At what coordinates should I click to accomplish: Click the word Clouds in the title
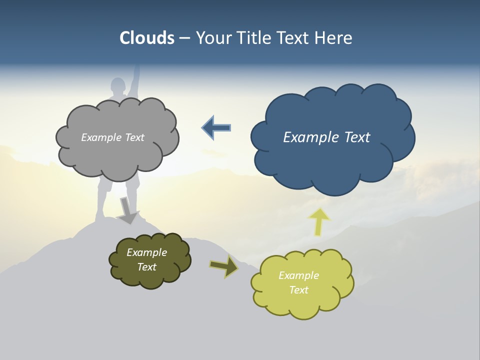click(x=147, y=38)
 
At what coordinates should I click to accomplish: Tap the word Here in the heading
click(x=334, y=38)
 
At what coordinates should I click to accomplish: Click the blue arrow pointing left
click(x=216, y=128)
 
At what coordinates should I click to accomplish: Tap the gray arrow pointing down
click(x=128, y=210)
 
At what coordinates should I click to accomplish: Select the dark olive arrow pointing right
click(x=223, y=266)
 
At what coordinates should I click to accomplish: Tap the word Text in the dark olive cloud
click(x=147, y=267)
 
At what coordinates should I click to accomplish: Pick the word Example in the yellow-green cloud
click(x=298, y=275)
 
